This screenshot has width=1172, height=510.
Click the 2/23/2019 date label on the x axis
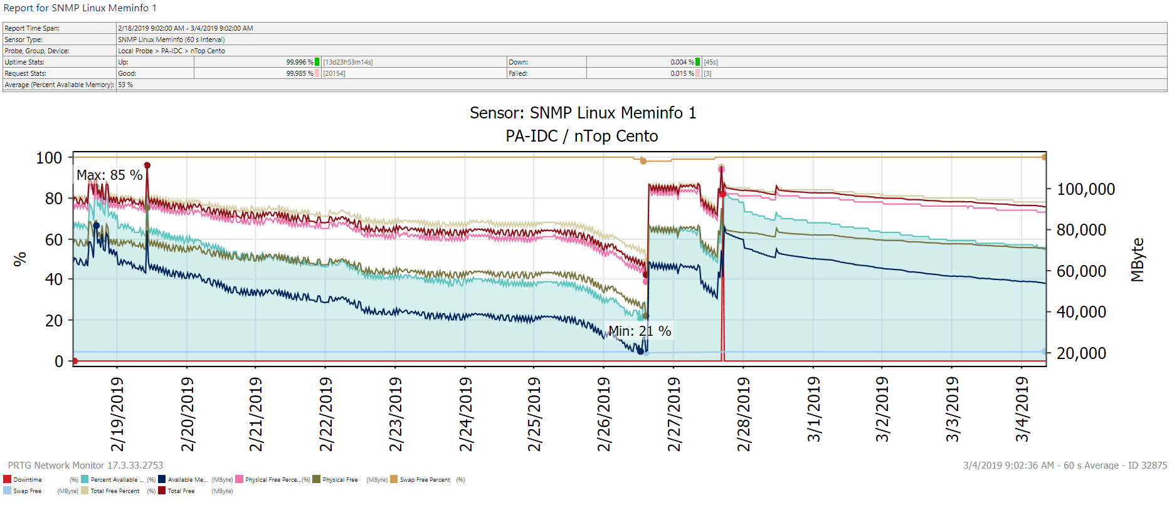click(x=395, y=414)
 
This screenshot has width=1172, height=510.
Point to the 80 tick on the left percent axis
click(x=54, y=199)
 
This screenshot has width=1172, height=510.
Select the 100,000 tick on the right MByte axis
click(x=1085, y=189)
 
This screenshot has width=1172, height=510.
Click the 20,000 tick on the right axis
click(x=1081, y=353)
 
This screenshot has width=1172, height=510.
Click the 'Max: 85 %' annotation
click(x=109, y=175)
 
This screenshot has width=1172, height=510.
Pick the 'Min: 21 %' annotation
click(x=640, y=331)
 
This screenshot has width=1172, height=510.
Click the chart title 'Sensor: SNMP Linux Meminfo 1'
click(x=583, y=113)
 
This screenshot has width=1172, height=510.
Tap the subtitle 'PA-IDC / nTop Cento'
click(x=581, y=136)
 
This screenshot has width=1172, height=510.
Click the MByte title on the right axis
click(x=1138, y=259)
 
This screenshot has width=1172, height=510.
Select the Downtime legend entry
click(x=27, y=480)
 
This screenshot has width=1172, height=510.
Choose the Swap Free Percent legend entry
click(x=425, y=480)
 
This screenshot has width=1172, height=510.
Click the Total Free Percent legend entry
click(x=115, y=491)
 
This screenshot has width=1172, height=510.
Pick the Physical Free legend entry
click(x=339, y=480)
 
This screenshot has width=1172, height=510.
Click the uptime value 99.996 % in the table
click(x=300, y=62)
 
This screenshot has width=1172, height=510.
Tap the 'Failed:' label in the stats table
click(x=518, y=73)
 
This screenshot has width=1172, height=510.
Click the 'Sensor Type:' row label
click(x=23, y=39)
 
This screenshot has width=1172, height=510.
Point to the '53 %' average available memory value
click(x=125, y=85)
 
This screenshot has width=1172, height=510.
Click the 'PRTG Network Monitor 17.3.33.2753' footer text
click(x=85, y=466)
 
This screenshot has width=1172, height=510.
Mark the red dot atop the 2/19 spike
click(x=147, y=165)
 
